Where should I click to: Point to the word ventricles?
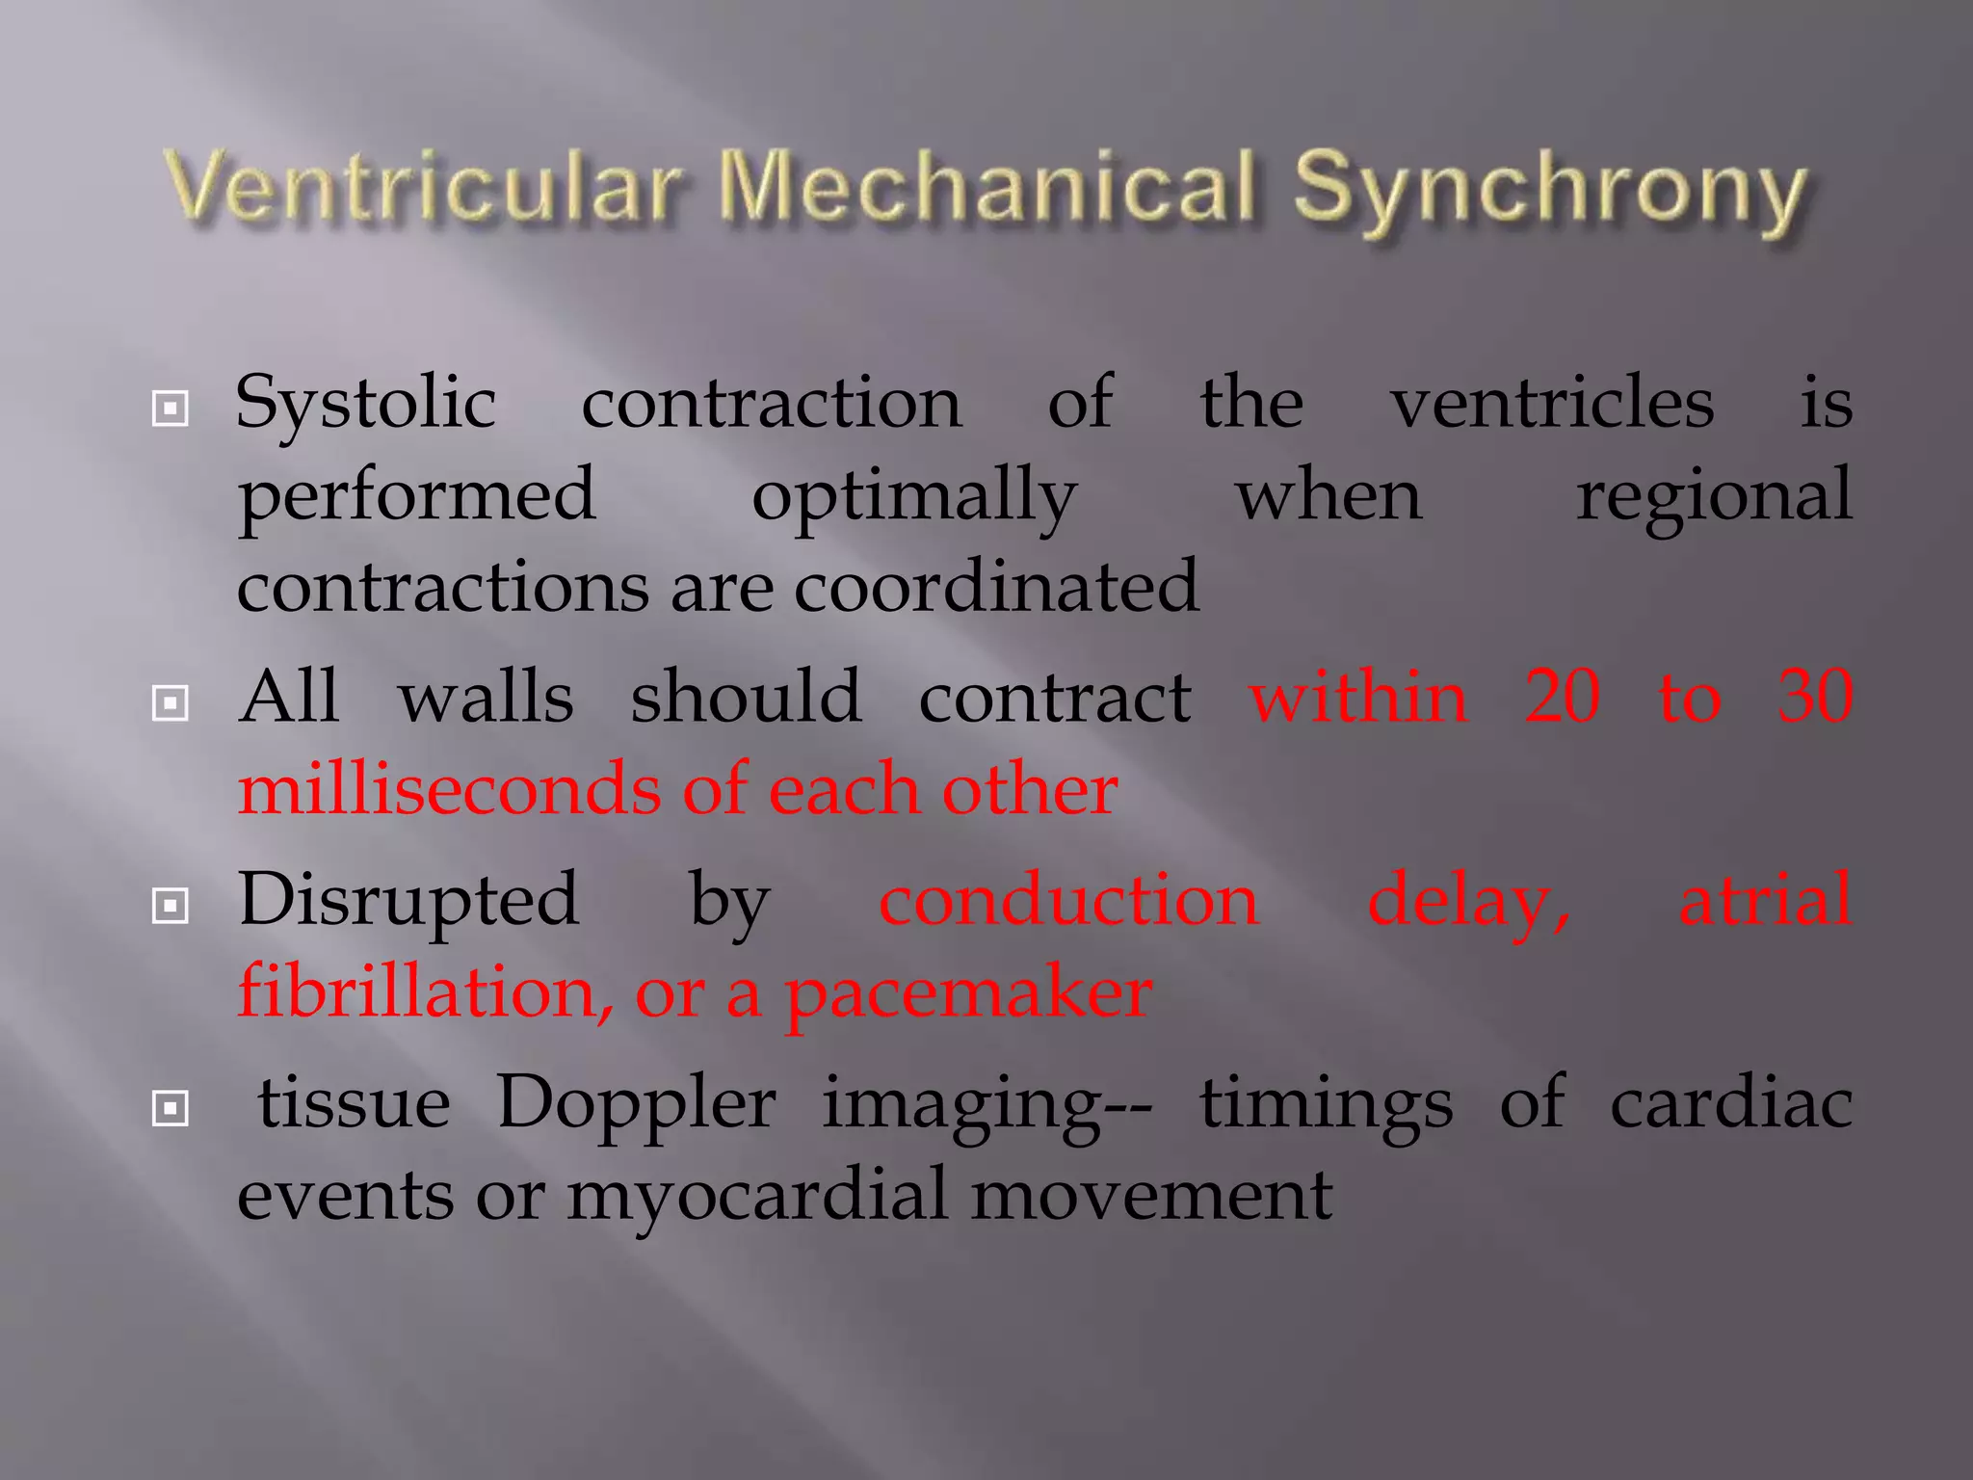[x=1552, y=403]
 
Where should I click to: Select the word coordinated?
[x=996, y=586]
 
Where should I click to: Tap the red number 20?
[x=1563, y=696]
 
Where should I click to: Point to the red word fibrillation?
[x=425, y=992]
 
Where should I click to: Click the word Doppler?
[x=636, y=1104]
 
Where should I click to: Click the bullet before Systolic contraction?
[x=171, y=409]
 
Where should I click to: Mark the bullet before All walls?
[x=171, y=703]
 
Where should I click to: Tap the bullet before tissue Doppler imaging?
[x=171, y=1109]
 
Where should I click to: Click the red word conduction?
[x=1068, y=900]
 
